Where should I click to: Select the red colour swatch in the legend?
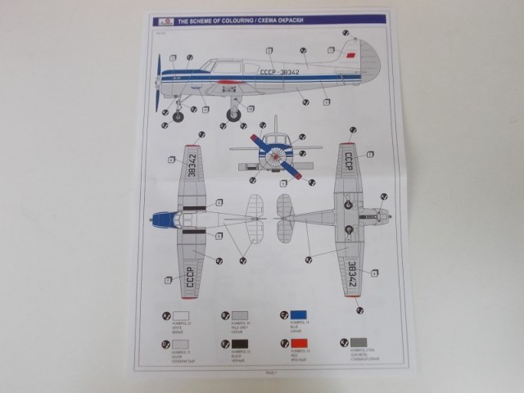tap(299, 344)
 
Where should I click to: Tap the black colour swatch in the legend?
tap(237, 344)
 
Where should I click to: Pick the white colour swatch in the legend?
tap(179, 316)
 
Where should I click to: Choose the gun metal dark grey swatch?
tap(359, 344)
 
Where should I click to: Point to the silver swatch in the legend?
tap(179, 344)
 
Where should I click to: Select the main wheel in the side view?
tap(235, 115)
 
